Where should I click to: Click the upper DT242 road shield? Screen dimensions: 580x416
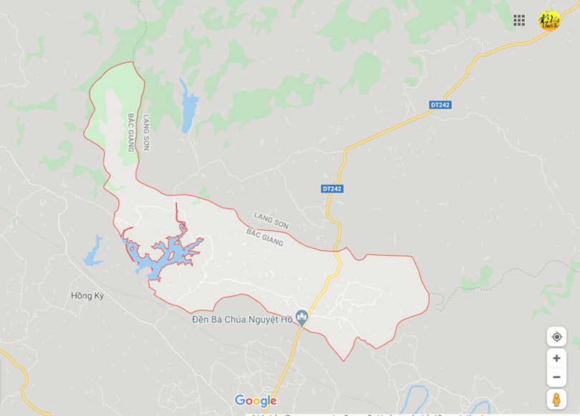[440, 105]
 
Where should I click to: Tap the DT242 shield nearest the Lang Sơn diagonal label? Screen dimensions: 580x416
[332, 188]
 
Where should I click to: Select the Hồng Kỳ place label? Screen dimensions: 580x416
[88, 296]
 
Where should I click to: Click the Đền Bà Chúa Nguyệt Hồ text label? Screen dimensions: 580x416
[242, 319]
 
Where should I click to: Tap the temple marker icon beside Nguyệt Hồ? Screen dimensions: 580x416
[302, 316]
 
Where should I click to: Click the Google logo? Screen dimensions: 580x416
[256, 401]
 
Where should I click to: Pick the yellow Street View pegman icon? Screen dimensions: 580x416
[556, 399]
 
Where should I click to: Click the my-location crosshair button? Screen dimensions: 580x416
[556, 337]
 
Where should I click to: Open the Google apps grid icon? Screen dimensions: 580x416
[519, 20]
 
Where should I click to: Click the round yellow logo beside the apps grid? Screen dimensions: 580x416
[549, 21]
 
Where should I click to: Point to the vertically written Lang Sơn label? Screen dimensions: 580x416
[146, 132]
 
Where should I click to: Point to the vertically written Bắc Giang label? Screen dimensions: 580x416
[132, 132]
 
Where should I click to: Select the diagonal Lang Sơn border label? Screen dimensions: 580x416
[271, 220]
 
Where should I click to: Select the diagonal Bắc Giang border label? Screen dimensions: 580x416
[265, 237]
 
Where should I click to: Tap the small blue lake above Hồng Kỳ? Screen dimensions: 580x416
[94, 251]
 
